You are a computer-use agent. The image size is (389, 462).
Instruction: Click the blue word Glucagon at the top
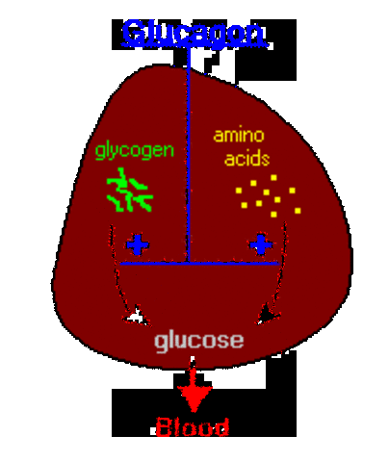coord(193,32)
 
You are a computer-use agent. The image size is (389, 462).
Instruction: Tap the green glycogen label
coord(134,151)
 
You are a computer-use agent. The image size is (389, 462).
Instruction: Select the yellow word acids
coord(246,159)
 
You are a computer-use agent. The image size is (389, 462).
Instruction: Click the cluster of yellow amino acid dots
coord(269,195)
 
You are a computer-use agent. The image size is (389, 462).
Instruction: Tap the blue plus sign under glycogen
coord(137,244)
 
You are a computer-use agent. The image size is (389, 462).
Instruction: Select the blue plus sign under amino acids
coord(260,244)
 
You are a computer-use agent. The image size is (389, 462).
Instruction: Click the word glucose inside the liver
coord(199,340)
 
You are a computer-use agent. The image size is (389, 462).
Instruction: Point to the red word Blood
coord(193,426)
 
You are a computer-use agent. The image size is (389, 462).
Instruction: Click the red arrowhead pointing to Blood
coord(194,396)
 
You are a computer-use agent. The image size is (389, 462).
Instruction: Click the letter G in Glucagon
coord(132,32)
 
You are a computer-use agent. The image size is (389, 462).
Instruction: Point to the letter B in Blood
coord(163,426)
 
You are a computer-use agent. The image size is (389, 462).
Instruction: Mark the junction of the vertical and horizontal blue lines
coord(188,262)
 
